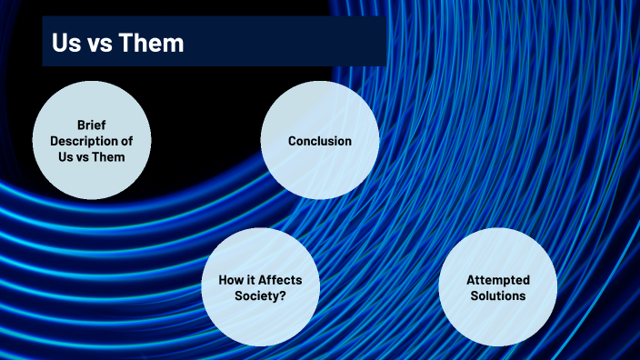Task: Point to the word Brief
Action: click(93, 125)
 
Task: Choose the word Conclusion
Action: click(319, 141)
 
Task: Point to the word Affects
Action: click(280, 280)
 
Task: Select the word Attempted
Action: click(497, 280)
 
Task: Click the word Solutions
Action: click(497, 295)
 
